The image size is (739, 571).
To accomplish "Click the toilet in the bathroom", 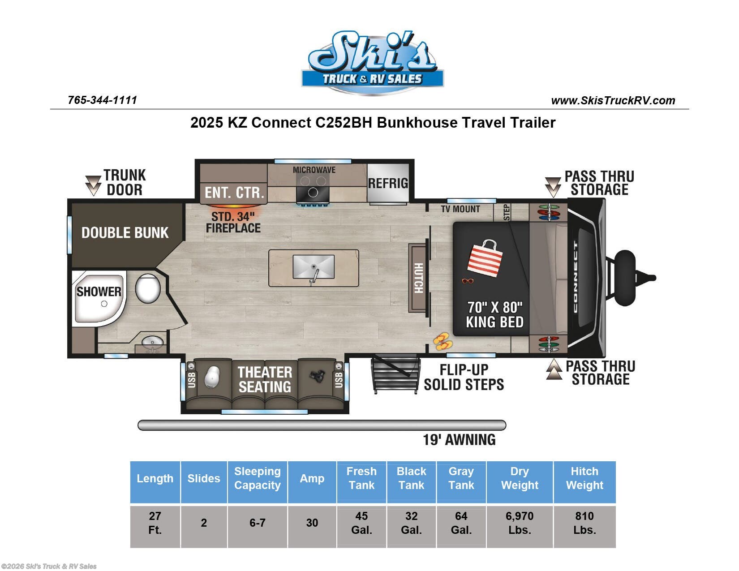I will [148, 288].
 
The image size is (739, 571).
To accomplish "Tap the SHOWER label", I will [99, 292].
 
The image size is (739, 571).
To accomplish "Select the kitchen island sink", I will [314, 267].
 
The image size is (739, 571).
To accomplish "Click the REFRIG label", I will [388, 184].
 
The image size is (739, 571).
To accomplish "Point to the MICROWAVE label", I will [314, 170].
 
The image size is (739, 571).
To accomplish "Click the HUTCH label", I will [418, 278].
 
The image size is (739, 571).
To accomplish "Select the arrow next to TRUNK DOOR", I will [93, 185].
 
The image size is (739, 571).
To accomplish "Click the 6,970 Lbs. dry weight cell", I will [520, 523].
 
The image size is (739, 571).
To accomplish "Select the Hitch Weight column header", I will [584, 478].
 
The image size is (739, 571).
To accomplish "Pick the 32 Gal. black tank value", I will [411, 523].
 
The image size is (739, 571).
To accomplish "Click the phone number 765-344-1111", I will [102, 100].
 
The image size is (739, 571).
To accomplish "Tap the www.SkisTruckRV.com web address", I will [613, 101].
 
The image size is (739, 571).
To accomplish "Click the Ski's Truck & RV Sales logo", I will [372, 63].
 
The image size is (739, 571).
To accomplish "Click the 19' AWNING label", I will [459, 440].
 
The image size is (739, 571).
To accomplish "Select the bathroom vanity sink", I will [152, 343].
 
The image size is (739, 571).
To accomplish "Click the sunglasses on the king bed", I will [468, 281].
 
